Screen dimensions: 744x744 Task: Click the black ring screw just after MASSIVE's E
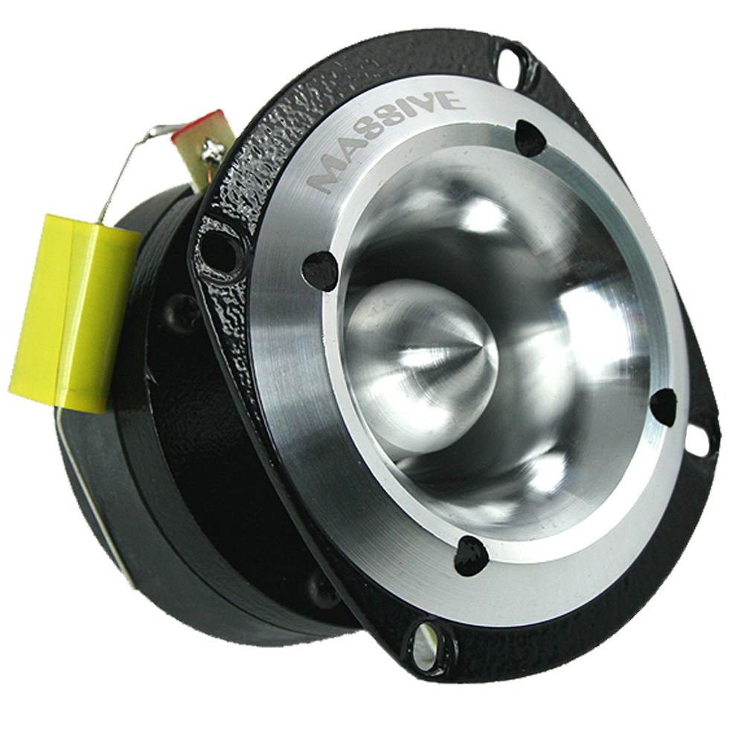[x=530, y=138]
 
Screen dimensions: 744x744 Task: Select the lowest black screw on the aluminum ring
[x=470, y=554]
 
